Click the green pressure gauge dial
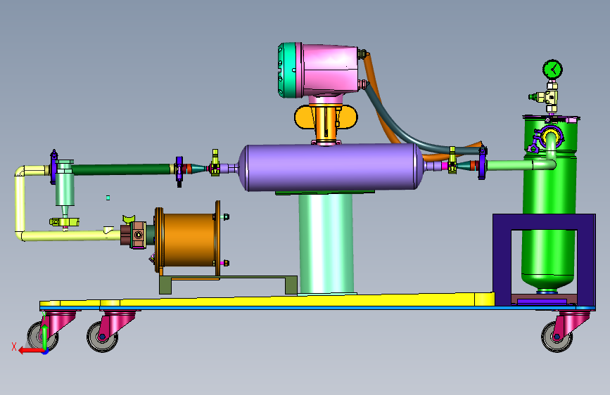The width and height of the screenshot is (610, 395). coord(552,70)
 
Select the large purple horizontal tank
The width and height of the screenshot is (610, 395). coord(331,167)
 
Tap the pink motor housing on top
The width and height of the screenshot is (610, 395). coord(330,70)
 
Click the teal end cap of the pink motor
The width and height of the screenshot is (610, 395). coord(287,70)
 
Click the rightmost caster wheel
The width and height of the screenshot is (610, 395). coord(557,337)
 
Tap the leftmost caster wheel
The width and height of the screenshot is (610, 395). coord(43,337)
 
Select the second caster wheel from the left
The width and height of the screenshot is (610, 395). coord(102,337)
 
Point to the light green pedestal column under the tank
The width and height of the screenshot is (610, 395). coord(326,244)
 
